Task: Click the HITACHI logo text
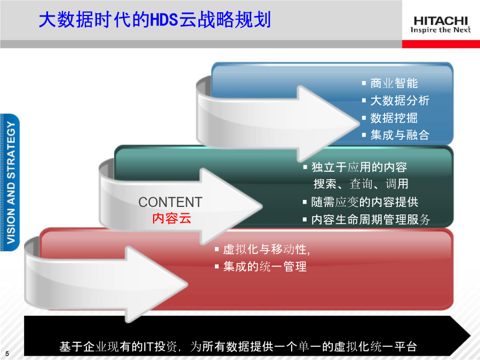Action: pyautogui.click(x=441, y=21)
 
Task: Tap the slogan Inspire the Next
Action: pyautogui.click(x=441, y=30)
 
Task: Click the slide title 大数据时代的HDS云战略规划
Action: pyautogui.click(x=155, y=20)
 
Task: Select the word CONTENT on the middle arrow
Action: pyautogui.click(x=170, y=202)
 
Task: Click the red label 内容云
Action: pyautogui.click(x=171, y=218)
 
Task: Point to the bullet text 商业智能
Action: pyautogui.click(x=394, y=83)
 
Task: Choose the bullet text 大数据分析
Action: pyautogui.click(x=400, y=100)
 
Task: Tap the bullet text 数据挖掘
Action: pyautogui.click(x=394, y=118)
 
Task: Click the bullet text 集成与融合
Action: pyautogui.click(x=400, y=135)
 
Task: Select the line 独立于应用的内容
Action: pyautogui.click(x=359, y=167)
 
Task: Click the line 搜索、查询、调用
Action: pyautogui.click(x=361, y=184)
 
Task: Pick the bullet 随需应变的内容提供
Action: pyautogui.click(x=365, y=202)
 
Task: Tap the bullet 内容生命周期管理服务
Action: pyautogui.click(x=371, y=220)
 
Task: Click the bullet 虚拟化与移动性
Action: pyautogui.click(x=266, y=249)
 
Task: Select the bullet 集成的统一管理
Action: pyautogui.click(x=265, y=266)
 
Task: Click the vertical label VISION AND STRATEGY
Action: pyautogui.click(x=11, y=182)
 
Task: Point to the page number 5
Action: pyautogui.click(x=7, y=353)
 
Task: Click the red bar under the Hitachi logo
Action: pyautogui.click(x=441, y=44)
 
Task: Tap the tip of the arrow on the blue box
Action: pyautogui.click(x=359, y=123)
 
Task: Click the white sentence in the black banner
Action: pyautogui.click(x=238, y=347)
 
